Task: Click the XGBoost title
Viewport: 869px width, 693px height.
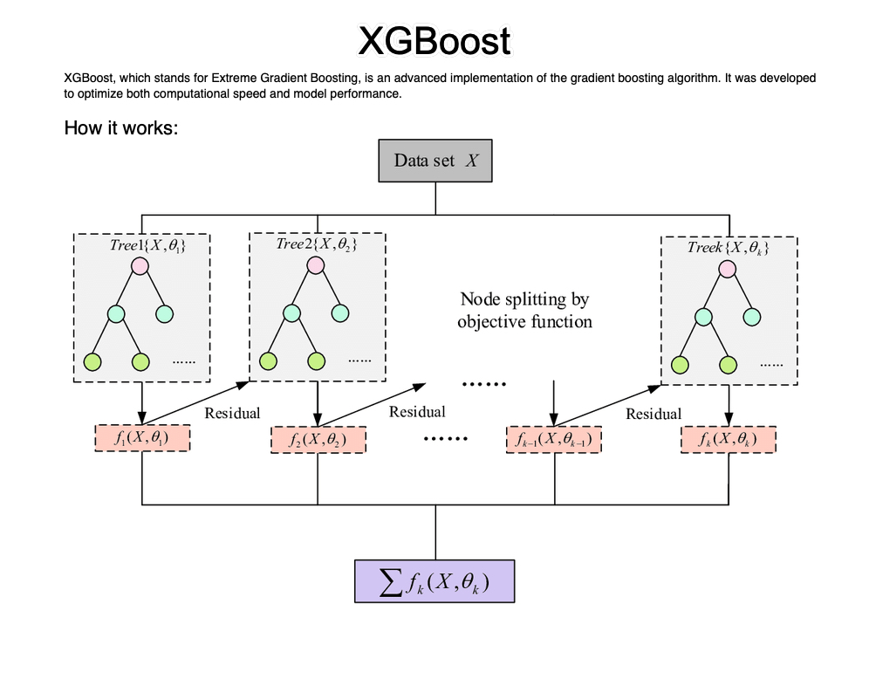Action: pos(434,41)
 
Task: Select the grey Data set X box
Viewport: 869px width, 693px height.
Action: pos(435,160)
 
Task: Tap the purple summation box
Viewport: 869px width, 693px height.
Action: pos(434,580)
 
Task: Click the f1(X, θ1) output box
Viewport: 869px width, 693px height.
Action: pos(141,438)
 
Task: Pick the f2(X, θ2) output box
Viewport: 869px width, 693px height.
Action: pos(317,440)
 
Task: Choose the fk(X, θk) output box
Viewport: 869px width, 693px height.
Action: pos(729,440)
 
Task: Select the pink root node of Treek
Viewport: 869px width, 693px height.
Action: pos(727,268)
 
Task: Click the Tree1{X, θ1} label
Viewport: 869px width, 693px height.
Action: pos(147,245)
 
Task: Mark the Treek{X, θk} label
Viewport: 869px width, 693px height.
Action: pos(728,248)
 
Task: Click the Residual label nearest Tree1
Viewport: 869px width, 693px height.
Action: pos(232,412)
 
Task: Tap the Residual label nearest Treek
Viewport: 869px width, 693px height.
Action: pos(653,413)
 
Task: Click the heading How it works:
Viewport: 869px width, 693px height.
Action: pos(121,128)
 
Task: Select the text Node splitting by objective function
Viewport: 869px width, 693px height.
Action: pos(524,311)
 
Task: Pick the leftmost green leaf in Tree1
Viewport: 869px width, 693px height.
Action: pos(92,361)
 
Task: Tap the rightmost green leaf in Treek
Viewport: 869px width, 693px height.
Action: pos(727,363)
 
